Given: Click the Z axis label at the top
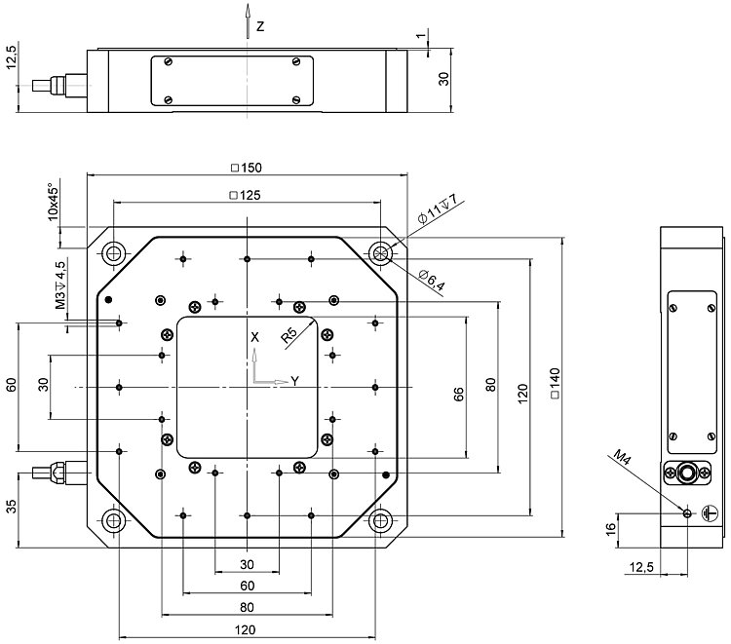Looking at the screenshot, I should click(x=260, y=26).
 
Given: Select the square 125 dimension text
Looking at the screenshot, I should click(x=246, y=196).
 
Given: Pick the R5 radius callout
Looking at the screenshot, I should click(x=289, y=336).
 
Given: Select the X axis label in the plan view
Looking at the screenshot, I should click(x=254, y=336).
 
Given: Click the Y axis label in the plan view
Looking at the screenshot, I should click(x=294, y=381).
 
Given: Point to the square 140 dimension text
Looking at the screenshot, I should click(x=554, y=384).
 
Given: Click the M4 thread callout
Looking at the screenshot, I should click(x=624, y=454).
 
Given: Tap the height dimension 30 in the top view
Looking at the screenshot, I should click(x=443, y=78).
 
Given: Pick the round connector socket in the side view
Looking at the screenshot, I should click(x=688, y=474).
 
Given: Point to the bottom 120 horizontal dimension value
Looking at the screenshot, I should click(x=246, y=630).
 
